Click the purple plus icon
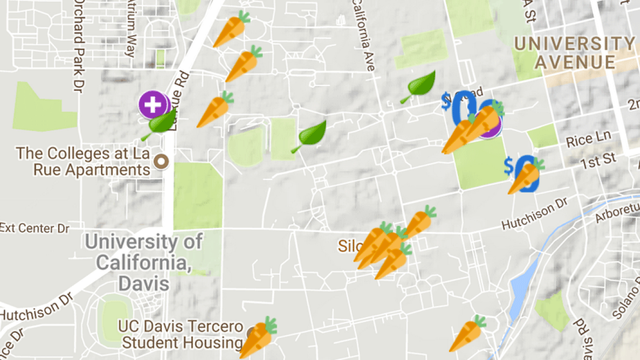[153, 104]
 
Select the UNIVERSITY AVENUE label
[574, 53]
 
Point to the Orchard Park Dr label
[78, 45]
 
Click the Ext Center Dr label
[34, 228]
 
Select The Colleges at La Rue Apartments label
[83, 161]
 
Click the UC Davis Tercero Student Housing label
[180, 334]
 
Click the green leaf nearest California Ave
[419, 86]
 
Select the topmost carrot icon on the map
[231, 28]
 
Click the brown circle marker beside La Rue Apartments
[161, 161]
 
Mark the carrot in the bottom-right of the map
[467, 333]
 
